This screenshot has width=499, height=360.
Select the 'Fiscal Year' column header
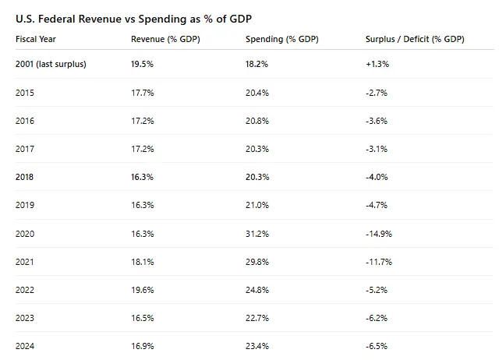(35, 39)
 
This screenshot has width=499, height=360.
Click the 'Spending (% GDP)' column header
(281, 39)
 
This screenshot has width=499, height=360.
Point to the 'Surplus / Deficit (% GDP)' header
(414, 39)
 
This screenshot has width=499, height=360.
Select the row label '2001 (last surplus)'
(51, 64)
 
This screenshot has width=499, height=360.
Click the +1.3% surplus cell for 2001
(377, 64)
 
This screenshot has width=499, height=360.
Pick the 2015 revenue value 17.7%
(142, 93)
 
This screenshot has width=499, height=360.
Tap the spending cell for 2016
(257, 121)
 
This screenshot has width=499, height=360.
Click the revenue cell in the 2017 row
(142, 149)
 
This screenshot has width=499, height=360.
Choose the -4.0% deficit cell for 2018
(377, 177)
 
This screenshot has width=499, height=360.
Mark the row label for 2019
(25, 205)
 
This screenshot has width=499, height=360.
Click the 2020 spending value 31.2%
(257, 233)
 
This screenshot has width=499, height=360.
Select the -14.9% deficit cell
(379, 233)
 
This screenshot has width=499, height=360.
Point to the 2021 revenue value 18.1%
(142, 261)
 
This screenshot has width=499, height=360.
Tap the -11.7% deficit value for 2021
(379, 261)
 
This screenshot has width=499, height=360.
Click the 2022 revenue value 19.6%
(142, 289)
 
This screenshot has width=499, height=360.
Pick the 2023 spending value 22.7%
(257, 317)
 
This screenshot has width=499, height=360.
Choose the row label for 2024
(25, 345)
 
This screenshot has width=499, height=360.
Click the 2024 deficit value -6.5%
(377, 345)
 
